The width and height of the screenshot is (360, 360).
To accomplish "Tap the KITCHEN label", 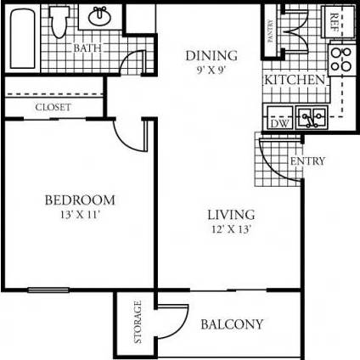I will [x=295, y=80].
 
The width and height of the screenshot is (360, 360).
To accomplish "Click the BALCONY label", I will [x=232, y=324].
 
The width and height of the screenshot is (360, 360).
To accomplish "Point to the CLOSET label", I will [x=53, y=108].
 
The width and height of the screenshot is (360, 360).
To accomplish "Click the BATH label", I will [x=87, y=48].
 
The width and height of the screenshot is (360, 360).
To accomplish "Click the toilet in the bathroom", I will [x=59, y=24].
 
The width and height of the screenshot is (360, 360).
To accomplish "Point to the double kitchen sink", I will [x=309, y=116].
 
